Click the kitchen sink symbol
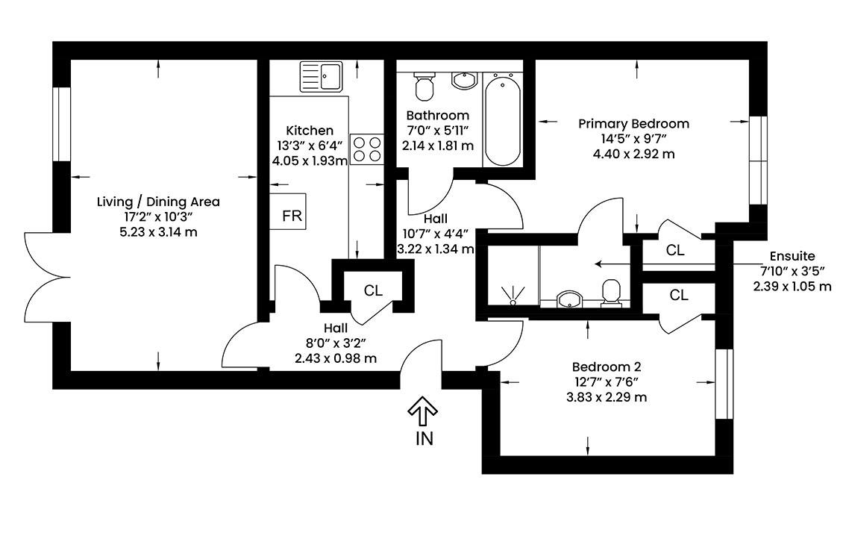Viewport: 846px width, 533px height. click(321, 77)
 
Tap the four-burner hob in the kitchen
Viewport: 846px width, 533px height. click(366, 149)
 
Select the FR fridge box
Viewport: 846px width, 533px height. click(288, 211)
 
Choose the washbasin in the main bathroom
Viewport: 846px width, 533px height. click(463, 81)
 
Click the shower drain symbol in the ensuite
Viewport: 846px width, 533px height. click(513, 296)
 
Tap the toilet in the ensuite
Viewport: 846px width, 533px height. click(611, 293)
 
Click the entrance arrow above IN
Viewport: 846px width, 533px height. click(422, 411)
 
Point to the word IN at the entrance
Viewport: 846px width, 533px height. click(424, 439)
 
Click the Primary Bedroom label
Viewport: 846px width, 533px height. click(633, 124)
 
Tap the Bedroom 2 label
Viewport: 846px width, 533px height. click(607, 367)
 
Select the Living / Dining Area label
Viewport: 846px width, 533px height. click(158, 202)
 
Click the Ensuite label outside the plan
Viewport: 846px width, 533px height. click(792, 256)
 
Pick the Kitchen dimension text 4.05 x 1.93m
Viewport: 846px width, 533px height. click(310, 161)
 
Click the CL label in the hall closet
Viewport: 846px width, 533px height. click(373, 291)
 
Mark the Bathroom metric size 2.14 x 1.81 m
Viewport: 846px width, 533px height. click(438, 146)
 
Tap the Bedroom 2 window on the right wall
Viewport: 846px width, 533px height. click(724, 384)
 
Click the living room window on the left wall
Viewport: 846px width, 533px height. click(61, 124)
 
